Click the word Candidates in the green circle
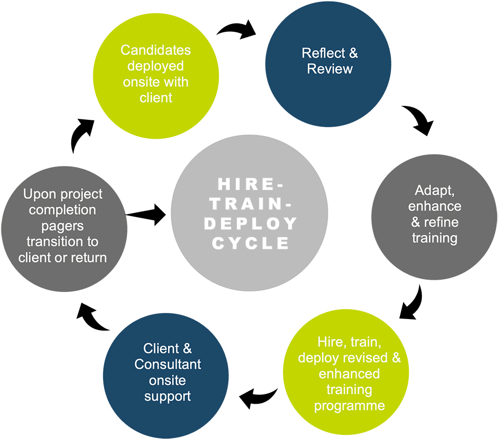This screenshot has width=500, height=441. [x=155, y=50]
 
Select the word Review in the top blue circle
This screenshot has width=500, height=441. [x=330, y=69]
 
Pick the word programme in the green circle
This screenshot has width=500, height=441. [x=349, y=406]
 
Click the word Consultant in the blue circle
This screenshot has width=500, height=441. [x=168, y=365]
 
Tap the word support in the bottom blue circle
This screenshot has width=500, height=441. [x=168, y=396]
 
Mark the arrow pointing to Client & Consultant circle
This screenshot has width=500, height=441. [x=258, y=397]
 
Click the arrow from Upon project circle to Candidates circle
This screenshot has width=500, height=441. [x=81, y=135]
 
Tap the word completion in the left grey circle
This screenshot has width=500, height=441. [x=63, y=210]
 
